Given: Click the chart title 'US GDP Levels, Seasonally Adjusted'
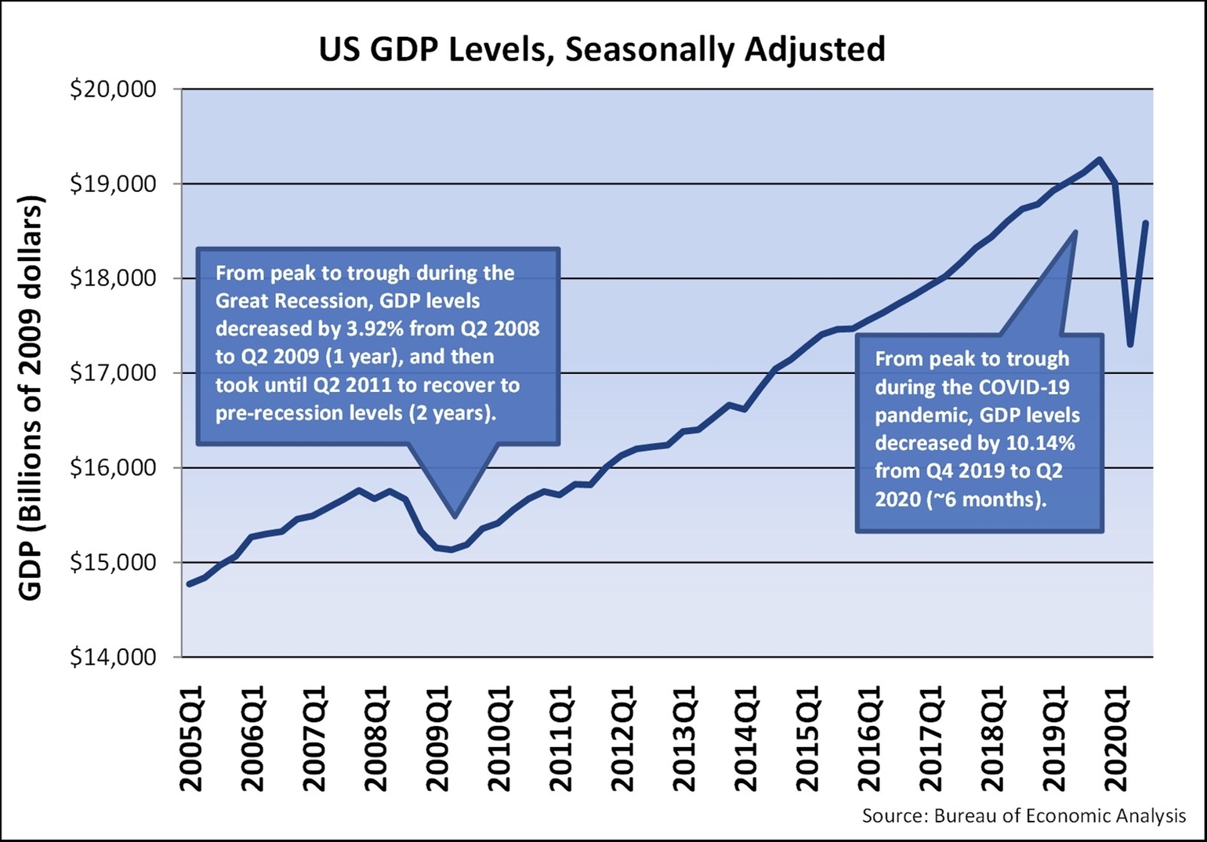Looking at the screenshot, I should (x=602, y=49).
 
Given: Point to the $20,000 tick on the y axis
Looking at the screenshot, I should (x=114, y=89).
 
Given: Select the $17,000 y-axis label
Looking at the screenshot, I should (x=114, y=373).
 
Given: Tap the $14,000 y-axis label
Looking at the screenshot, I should (x=114, y=657).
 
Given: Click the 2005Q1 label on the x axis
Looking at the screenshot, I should (x=191, y=738).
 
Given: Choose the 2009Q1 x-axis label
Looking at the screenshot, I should (x=438, y=738).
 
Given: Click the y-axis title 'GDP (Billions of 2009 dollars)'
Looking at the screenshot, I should (x=31, y=398).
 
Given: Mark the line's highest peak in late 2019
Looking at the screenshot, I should (x=1100, y=159).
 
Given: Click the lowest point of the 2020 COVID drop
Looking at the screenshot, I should (x=1130, y=344).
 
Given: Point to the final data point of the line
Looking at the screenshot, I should (x=1146, y=223).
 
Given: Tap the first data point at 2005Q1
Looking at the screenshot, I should (x=188, y=584).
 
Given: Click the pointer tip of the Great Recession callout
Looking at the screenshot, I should (x=455, y=517).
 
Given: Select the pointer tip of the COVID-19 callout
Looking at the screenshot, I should (x=1075, y=232).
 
